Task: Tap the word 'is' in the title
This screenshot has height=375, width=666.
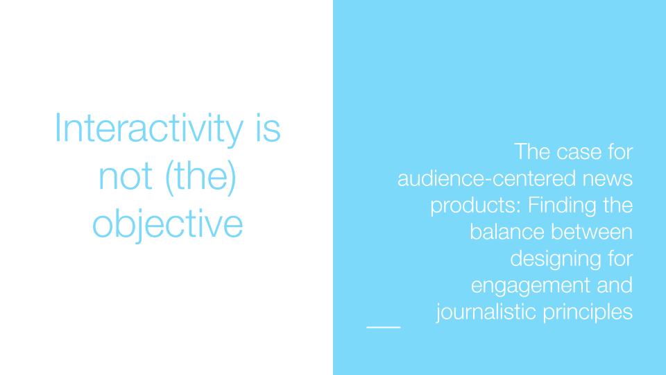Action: pyautogui.click(x=268, y=128)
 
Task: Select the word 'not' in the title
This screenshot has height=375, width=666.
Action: pyautogui.click(x=126, y=176)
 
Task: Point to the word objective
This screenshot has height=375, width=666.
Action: pyautogui.click(x=168, y=224)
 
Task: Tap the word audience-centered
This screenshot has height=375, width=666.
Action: pyautogui.click(x=487, y=178)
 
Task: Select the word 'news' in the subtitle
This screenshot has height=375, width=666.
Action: pyautogui.click(x=608, y=179)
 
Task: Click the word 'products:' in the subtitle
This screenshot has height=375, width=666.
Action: pyautogui.click(x=476, y=206)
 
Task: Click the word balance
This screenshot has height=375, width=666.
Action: pyautogui.click(x=507, y=232)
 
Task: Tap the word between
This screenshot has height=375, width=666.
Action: pyautogui.click(x=592, y=232)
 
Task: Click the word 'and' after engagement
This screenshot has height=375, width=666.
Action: pyautogui.click(x=615, y=285)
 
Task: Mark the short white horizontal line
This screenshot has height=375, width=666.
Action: pyautogui.click(x=384, y=327)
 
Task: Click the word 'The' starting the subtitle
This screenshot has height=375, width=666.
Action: pyautogui.click(x=532, y=152)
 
